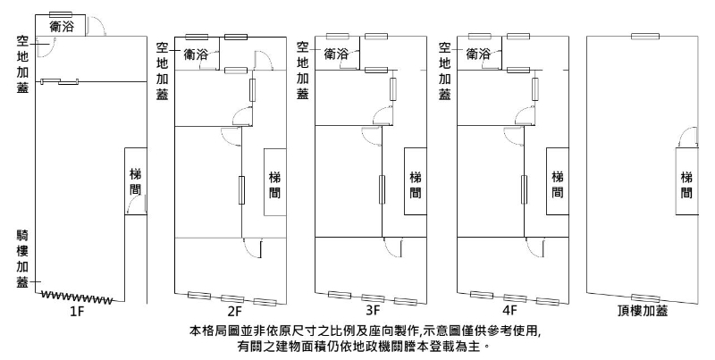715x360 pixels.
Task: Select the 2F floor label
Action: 234,313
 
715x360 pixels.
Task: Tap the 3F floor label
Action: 374,313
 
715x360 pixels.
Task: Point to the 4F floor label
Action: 510,313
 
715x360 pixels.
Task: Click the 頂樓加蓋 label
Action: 643,313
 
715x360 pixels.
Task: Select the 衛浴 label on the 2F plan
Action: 197,54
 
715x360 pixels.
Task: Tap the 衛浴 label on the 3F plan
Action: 337,54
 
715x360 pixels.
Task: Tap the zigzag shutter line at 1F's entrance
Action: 79,297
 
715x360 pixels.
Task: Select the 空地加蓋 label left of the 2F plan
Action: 163,71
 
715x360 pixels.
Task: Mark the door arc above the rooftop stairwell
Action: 686,138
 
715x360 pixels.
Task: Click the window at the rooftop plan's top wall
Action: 643,36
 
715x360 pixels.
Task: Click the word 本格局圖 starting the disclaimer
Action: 212,331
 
